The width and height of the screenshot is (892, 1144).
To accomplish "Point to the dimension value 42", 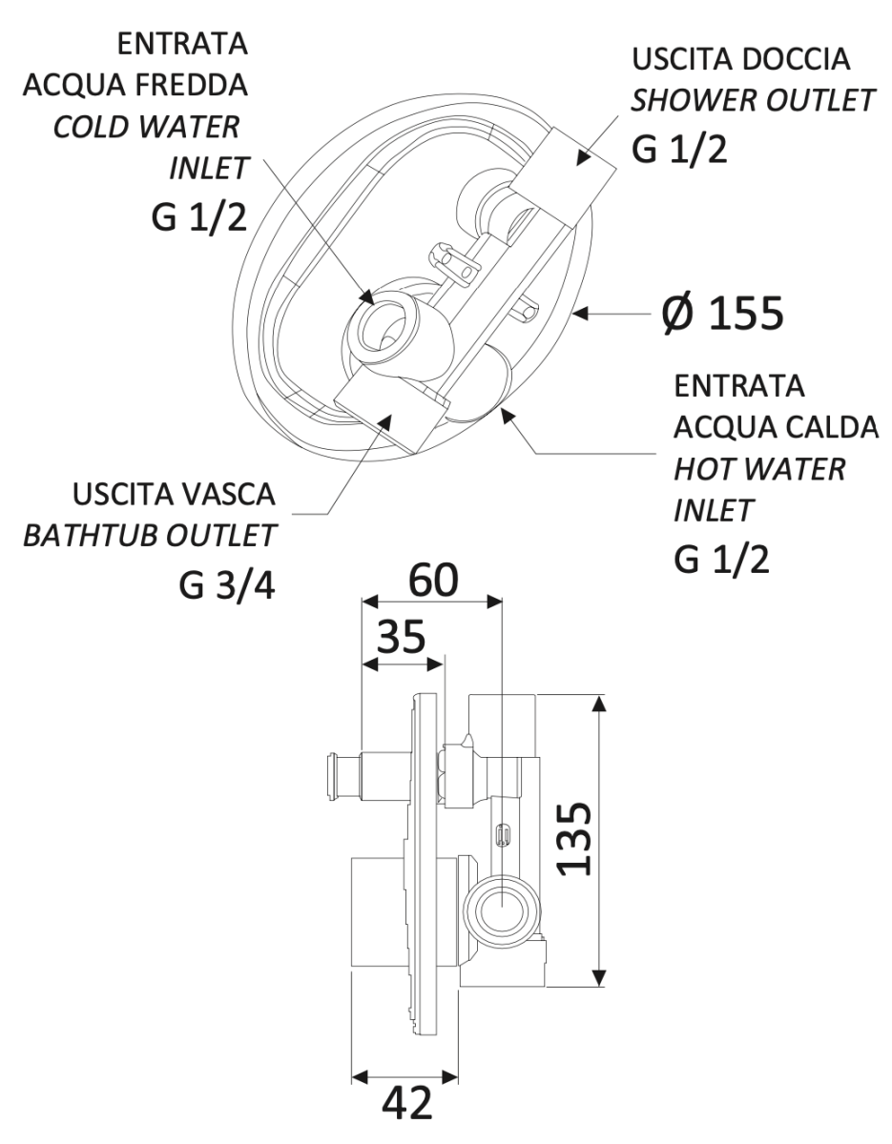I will (406, 1105).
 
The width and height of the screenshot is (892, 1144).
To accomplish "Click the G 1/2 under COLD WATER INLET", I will (200, 217).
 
